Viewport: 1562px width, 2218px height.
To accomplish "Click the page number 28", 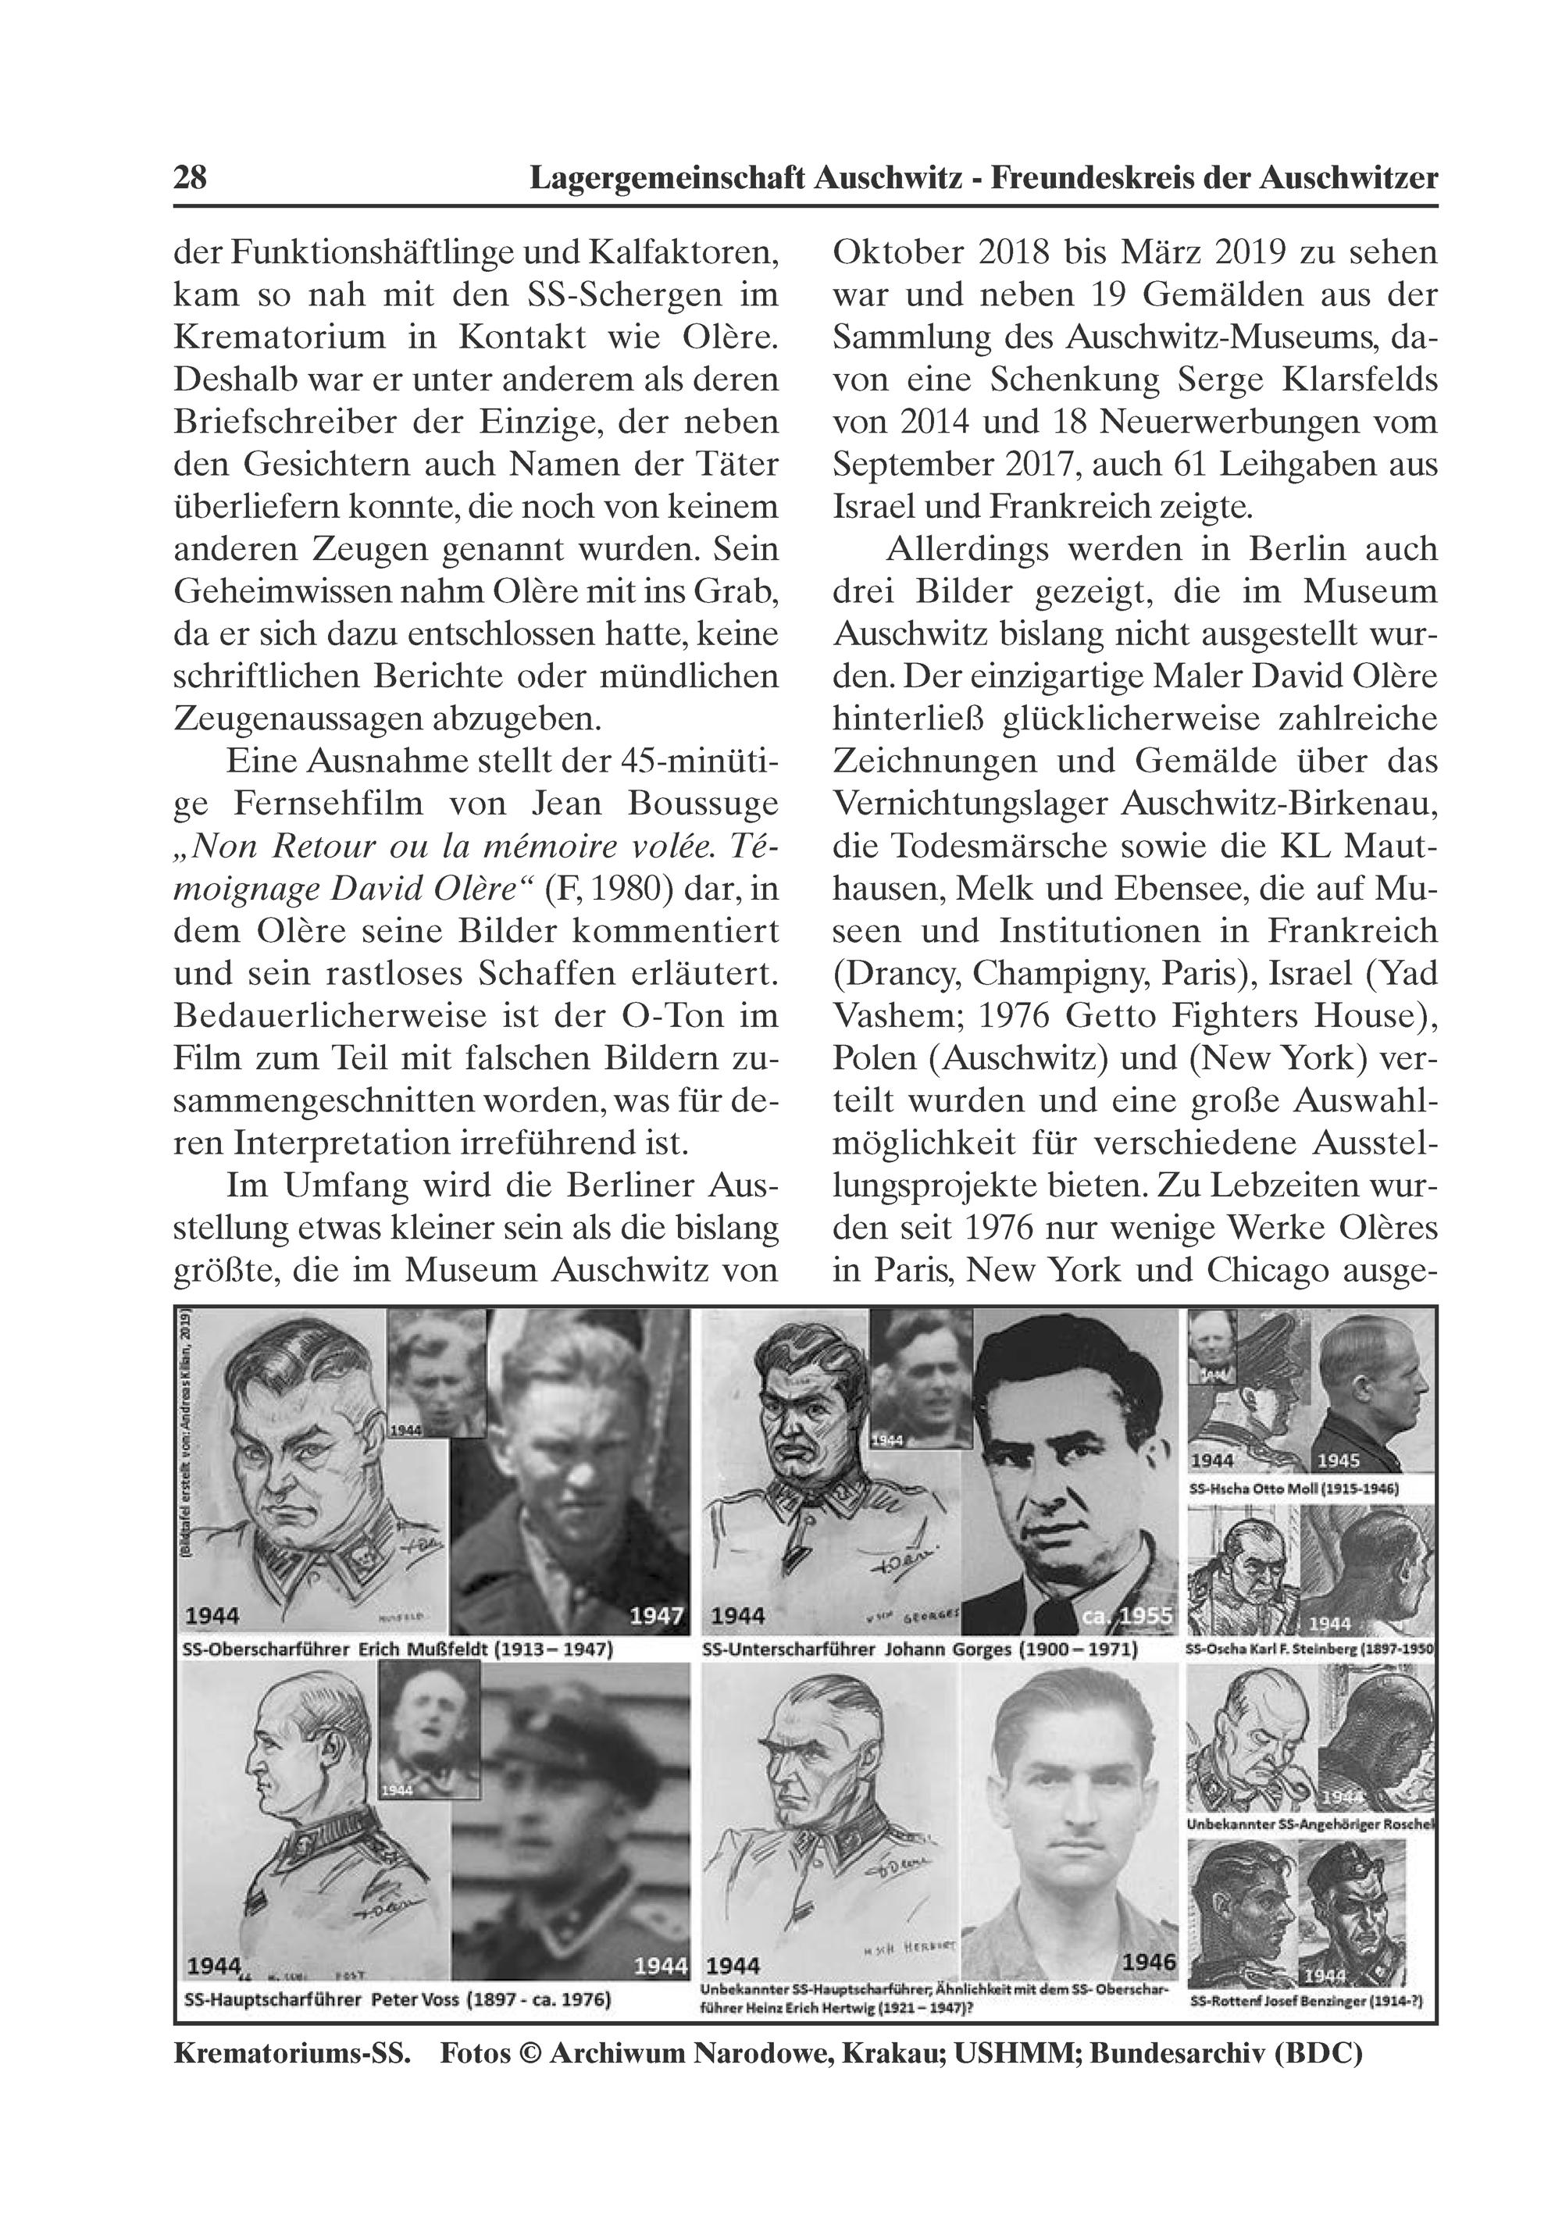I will [191, 178].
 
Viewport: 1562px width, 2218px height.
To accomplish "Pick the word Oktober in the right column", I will [897, 253].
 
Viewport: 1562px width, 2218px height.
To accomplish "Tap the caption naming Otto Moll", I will [1293, 1489].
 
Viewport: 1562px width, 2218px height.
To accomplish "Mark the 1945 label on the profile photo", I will [1338, 1460].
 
